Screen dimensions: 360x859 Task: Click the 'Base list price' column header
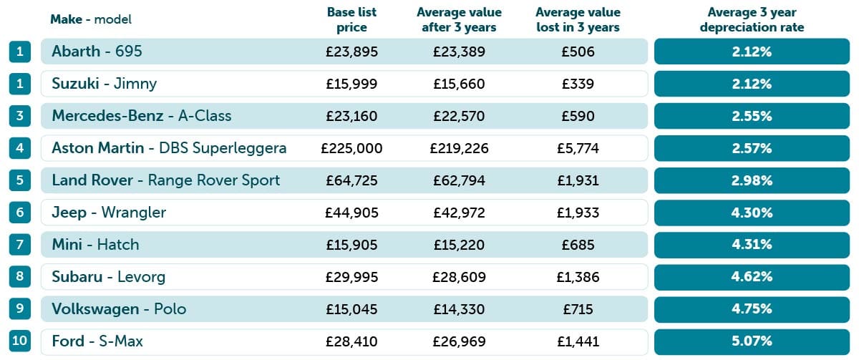coord(351,20)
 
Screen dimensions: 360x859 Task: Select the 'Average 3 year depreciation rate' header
coord(752,20)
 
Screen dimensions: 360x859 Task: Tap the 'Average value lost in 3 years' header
coord(578,20)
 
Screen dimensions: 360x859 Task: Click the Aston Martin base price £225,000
coord(351,148)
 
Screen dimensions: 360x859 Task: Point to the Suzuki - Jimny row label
coord(104,84)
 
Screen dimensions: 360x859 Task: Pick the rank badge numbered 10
coord(20,341)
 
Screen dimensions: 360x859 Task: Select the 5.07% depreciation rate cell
coord(752,341)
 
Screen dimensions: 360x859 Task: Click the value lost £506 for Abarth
coord(578,52)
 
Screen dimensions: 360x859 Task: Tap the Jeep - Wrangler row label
coord(109,213)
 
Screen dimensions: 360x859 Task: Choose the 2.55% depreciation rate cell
coord(752,116)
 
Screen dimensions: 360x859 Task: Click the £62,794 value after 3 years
coord(459,180)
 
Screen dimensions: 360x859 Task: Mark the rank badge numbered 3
coord(20,116)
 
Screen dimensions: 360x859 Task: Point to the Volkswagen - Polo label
coord(119,309)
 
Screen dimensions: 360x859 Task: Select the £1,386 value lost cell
coord(578,277)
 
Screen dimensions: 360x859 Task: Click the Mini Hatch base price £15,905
coord(351,245)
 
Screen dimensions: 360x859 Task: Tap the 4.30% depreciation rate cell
coord(752,213)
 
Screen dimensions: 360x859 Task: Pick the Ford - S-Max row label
coord(97,341)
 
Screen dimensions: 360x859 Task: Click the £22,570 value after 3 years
coord(459,116)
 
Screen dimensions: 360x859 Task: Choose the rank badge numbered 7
coord(20,245)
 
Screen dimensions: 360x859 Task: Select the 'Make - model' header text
coord(91,19)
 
